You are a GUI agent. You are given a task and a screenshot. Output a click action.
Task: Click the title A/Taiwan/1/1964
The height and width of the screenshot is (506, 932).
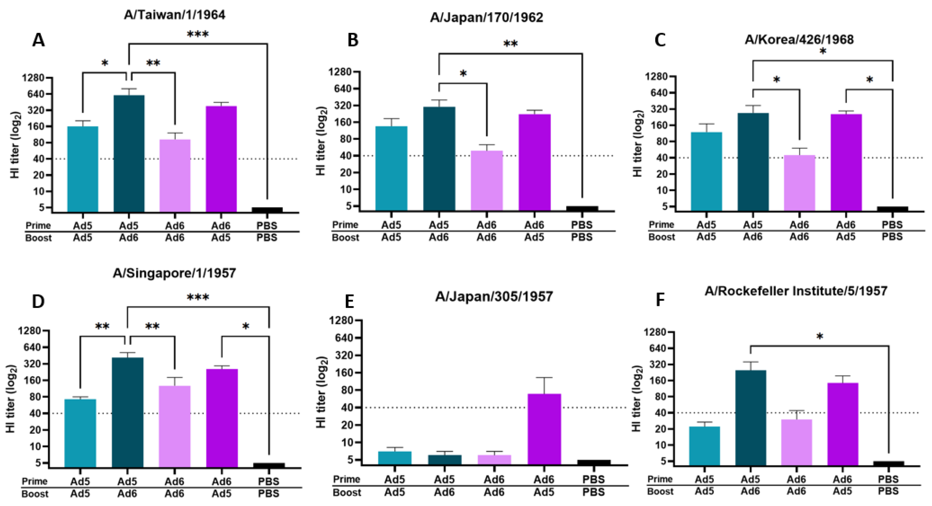[x=174, y=15]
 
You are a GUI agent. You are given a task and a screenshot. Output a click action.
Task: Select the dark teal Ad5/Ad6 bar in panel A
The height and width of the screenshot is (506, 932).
[x=129, y=154]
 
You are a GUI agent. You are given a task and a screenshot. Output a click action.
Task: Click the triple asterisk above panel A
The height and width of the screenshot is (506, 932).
[x=197, y=35]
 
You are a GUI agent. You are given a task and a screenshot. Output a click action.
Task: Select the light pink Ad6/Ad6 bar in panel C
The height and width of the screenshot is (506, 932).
[x=799, y=183]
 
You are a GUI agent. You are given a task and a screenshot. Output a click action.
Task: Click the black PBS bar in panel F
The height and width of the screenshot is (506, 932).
[x=888, y=463]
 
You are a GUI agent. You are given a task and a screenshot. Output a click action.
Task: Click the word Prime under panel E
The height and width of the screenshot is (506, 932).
[x=346, y=479]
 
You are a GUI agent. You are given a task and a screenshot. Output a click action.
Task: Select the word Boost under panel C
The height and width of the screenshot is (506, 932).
[x=661, y=237]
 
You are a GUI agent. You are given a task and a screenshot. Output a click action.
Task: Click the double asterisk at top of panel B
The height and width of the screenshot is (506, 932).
[x=510, y=44]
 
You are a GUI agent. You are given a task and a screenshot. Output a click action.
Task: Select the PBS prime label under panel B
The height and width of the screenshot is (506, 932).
[x=582, y=225]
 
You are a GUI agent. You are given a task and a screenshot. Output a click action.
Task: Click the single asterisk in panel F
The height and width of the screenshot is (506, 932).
[x=819, y=337]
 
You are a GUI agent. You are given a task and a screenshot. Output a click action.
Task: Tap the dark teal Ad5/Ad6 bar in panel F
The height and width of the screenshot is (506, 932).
[x=750, y=417]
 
